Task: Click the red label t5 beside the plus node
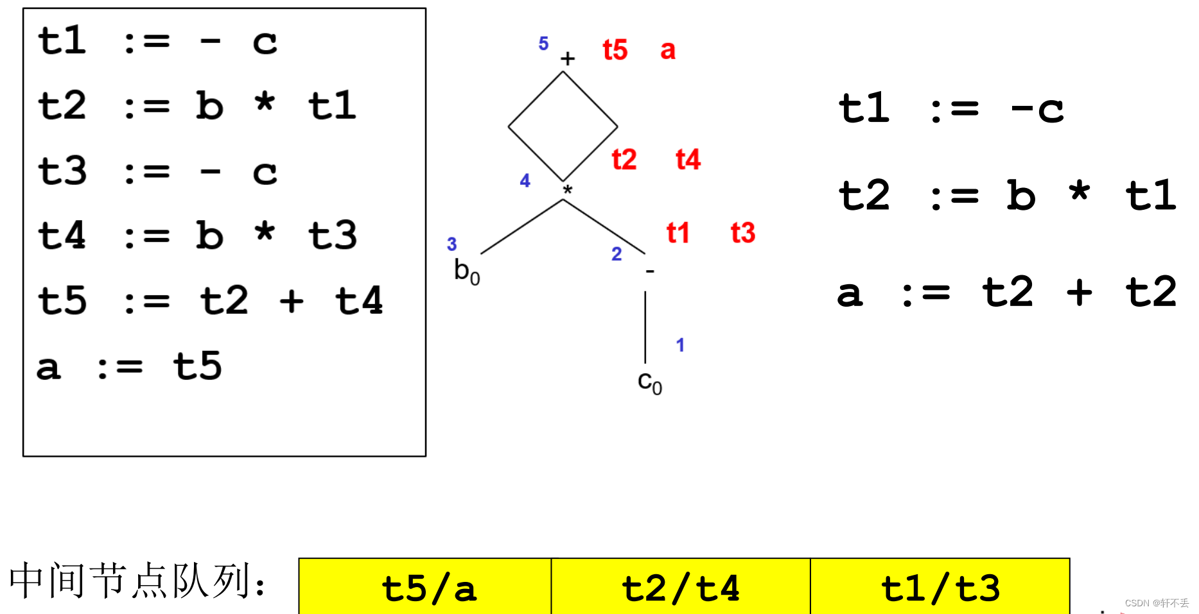615,50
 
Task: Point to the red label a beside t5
668,50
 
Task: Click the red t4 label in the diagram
688,159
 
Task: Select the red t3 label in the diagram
743,233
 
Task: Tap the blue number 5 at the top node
543,44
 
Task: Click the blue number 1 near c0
680,345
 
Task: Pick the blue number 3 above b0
451,244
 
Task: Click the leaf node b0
466,271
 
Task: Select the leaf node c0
649,382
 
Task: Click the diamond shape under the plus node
563,126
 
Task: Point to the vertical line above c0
645,327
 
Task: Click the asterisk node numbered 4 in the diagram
567,191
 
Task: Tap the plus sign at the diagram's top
567,59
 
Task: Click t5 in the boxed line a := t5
197,366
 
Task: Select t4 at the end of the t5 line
359,300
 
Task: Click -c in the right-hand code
1037,108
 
